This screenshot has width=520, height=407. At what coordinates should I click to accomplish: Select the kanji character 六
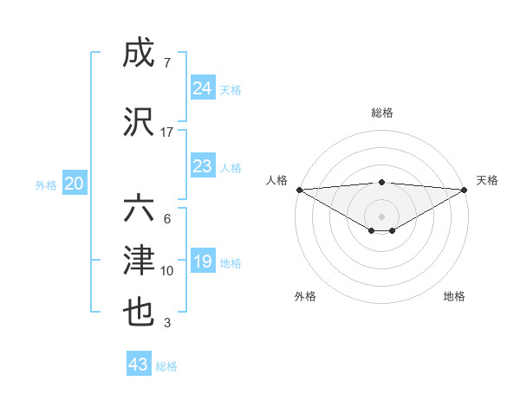point(140,209)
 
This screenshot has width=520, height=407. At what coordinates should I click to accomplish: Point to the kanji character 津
point(140,261)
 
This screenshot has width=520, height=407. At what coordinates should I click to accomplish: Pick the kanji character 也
point(140,313)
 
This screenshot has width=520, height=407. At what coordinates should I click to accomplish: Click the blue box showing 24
point(203,88)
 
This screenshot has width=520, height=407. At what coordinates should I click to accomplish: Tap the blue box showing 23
point(203,166)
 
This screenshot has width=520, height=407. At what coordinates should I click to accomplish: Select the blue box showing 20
point(75,184)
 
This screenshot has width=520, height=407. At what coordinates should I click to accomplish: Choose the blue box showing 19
point(203,262)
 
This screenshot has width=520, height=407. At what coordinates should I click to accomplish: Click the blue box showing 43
point(139,365)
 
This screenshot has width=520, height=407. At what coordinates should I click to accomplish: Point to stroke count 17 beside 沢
point(167,132)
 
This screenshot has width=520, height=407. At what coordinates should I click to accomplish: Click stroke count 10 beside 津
point(167,271)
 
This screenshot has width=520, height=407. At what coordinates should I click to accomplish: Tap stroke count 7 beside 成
point(166,63)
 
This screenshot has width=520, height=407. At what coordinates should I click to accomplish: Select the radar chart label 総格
point(381,113)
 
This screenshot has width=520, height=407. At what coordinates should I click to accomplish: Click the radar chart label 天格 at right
point(487,180)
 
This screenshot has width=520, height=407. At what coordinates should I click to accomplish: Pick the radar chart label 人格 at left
point(276,180)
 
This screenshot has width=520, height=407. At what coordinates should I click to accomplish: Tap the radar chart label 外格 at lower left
point(305,296)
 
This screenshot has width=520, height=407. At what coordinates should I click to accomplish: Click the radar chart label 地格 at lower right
point(454,296)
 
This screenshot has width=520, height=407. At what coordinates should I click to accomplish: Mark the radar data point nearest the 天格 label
point(465,189)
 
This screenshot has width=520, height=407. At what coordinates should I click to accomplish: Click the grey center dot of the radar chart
point(381,215)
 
